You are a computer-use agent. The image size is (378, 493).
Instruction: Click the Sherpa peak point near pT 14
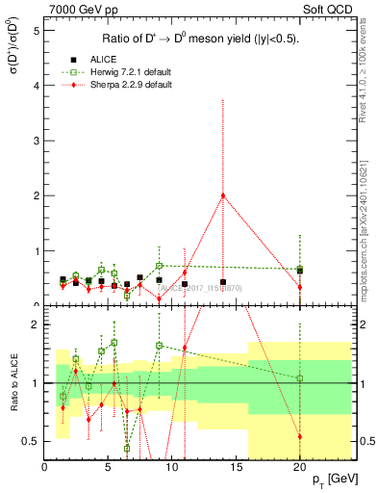(x=223, y=195)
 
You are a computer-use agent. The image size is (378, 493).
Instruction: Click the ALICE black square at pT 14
(x=223, y=282)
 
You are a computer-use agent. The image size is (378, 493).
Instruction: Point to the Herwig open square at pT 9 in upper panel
(x=159, y=265)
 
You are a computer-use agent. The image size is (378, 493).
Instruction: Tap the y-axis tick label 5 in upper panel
(x=37, y=30)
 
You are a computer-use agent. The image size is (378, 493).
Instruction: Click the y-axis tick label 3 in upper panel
(x=37, y=141)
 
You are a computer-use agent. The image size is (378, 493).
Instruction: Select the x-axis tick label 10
(x=172, y=468)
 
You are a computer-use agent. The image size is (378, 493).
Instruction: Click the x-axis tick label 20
(x=299, y=468)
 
